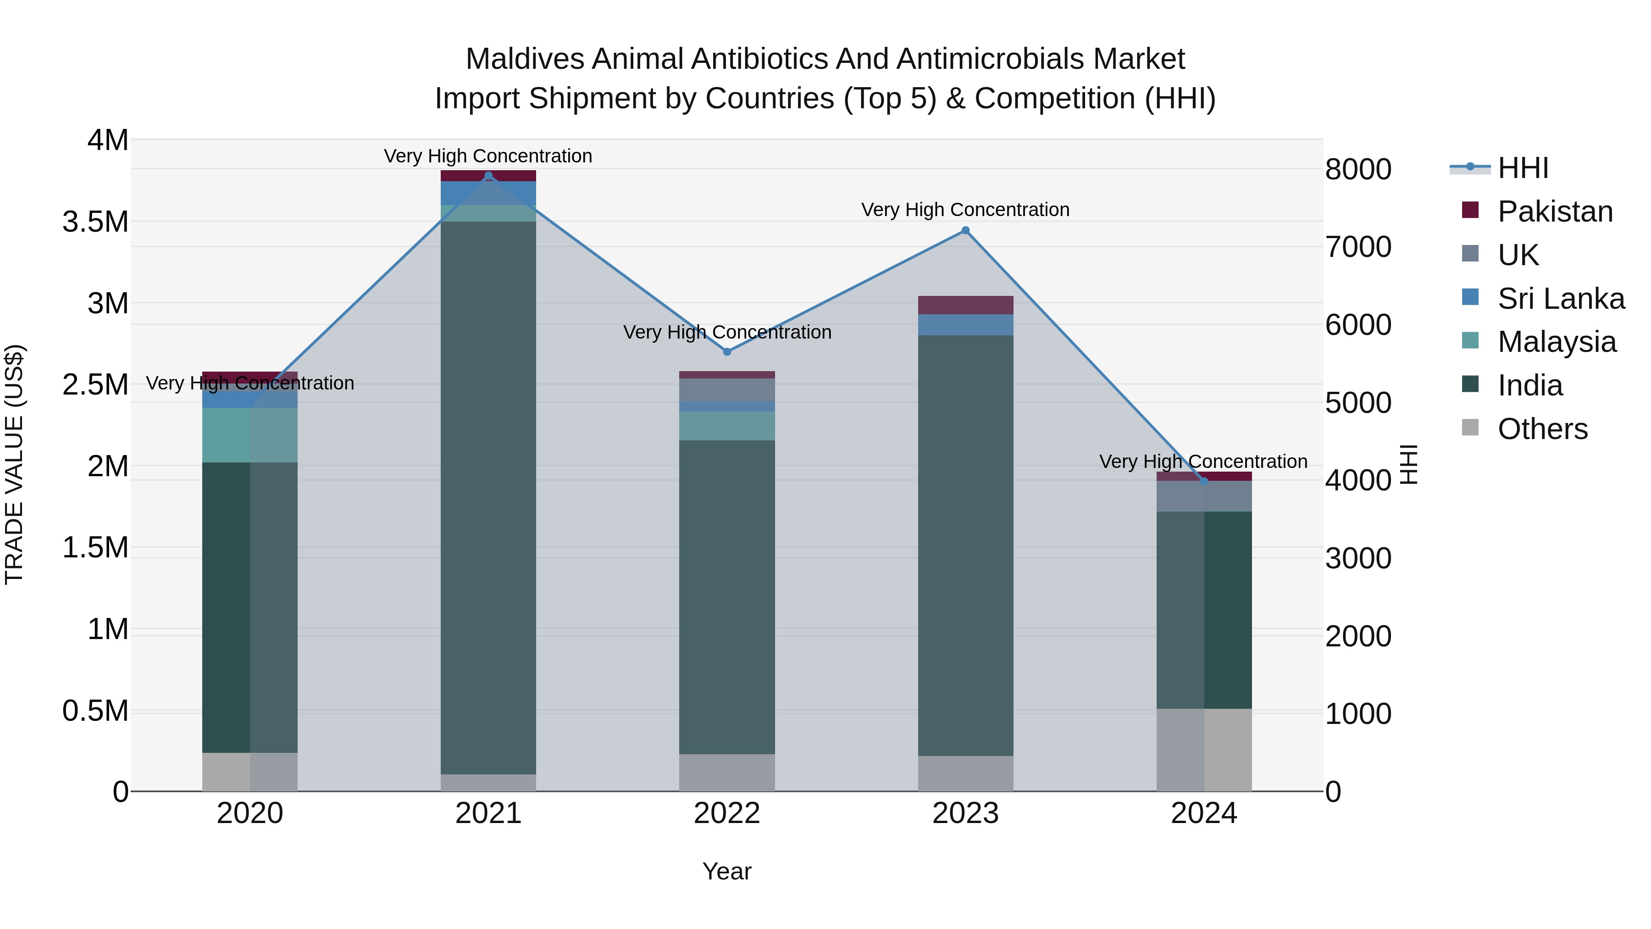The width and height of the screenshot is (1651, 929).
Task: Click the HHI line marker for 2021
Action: [x=488, y=176]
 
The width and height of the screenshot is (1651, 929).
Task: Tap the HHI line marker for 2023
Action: [x=965, y=230]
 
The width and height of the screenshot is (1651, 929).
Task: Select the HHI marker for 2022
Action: [x=727, y=351]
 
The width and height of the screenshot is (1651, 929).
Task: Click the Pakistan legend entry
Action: [x=1555, y=211]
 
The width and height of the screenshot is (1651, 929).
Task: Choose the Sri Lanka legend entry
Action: [x=1561, y=299]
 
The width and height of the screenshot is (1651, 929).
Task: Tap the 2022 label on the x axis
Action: [x=727, y=813]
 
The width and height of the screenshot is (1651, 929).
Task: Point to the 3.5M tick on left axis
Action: [x=95, y=222]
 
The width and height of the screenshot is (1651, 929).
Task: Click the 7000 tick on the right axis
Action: [x=1358, y=247]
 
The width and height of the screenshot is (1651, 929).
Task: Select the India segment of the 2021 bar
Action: [x=488, y=497]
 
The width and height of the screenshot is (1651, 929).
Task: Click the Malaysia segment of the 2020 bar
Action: [x=250, y=435]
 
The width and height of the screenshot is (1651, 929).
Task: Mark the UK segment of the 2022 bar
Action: [x=727, y=390]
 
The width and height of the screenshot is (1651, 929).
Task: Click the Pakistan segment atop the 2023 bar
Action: [x=965, y=305]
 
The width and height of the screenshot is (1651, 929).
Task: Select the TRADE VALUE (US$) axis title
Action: [x=14, y=464]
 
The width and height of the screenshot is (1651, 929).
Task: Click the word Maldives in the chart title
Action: [x=525, y=59]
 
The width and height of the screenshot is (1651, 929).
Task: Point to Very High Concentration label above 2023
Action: [x=965, y=210]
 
